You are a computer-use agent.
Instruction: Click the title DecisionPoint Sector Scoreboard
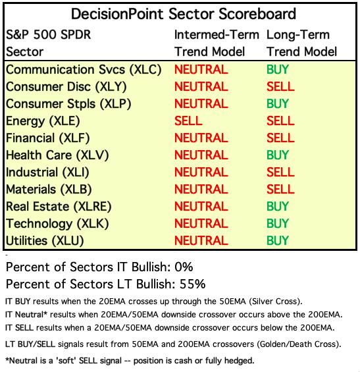184,14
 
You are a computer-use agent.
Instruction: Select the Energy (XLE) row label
43,121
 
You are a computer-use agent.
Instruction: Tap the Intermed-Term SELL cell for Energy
188,120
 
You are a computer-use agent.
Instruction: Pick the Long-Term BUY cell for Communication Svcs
278,70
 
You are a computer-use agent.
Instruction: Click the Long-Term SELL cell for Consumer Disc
280,87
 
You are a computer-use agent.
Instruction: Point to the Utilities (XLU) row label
45,241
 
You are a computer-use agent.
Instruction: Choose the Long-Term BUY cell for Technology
278,223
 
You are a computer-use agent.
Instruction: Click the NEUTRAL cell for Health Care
201,155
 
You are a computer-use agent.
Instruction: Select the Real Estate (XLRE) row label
59,207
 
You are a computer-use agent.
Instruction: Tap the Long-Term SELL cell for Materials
280,190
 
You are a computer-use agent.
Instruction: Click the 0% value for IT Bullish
184,267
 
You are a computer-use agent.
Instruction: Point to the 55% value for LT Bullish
192,284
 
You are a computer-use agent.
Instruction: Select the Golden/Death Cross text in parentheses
298,344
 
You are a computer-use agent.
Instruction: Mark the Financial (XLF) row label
47,138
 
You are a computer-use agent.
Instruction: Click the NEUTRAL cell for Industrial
201,173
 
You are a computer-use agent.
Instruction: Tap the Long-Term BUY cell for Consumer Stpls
278,103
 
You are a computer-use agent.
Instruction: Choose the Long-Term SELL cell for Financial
280,138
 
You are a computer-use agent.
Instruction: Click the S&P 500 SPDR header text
49,35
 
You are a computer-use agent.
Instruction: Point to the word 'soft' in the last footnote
66,361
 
